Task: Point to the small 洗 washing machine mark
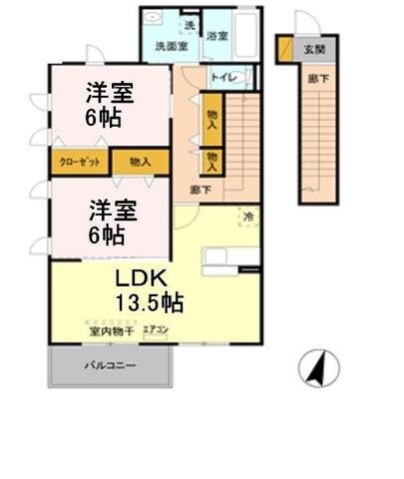(189, 23)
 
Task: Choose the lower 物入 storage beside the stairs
(212, 160)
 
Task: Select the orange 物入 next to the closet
(140, 161)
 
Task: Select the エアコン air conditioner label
(156, 328)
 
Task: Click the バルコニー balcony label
(110, 365)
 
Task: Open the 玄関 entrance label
(314, 46)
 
